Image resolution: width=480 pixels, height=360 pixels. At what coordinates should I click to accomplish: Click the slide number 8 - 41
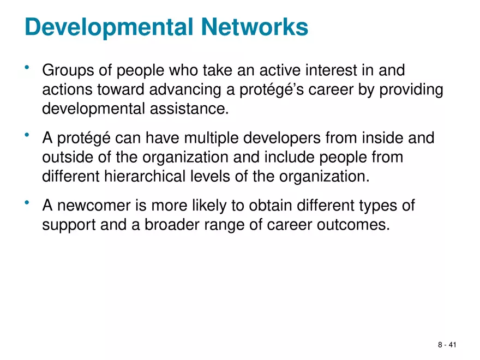pyautogui.click(x=447, y=345)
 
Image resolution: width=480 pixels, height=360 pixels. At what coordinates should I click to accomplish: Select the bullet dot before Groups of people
pyautogui.click(x=28, y=68)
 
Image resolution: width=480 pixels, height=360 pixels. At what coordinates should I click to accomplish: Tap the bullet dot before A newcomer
pyautogui.click(x=28, y=203)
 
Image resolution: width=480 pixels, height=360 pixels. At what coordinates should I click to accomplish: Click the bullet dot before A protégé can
pyautogui.click(x=28, y=135)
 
